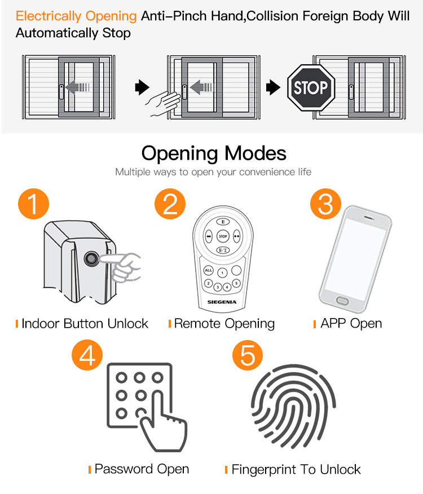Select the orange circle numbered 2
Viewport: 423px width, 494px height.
pyautogui.click(x=170, y=205)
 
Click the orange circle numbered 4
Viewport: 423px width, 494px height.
pyautogui.click(x=87, y=355)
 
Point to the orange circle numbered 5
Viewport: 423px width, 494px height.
pyautogui.click(x=248, y=355)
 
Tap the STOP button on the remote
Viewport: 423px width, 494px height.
pyautogui.click(x=223, y=237)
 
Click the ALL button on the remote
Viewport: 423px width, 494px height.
pyautogui.click(x=208, y=270)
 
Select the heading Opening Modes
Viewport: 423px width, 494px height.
pyautogui.click(x=214, y=153)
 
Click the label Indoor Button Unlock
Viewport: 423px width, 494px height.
pyautogui.click(x=85, y=324)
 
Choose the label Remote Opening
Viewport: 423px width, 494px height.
pyautogui.click(x=224, y=324)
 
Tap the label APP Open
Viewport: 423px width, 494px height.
pyautogui.click(x=351, y=324)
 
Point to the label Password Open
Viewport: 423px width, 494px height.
pyautogui.click(x=142, y=469)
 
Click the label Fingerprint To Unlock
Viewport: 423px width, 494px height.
pyautogui.click(x=296, y=469)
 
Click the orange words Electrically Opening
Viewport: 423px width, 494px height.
pyautogui.click(x=76, y=16)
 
